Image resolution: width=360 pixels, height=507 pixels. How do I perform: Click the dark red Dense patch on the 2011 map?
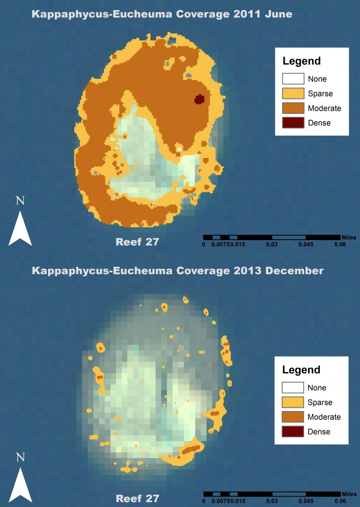[199, 100]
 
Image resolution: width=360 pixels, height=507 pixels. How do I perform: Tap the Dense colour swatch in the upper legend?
[293, 122]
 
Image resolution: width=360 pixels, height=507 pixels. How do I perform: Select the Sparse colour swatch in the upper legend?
[293, 93]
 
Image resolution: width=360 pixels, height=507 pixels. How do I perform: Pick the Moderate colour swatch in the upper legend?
[293, 108]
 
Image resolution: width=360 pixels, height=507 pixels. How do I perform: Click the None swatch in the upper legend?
[293, 79]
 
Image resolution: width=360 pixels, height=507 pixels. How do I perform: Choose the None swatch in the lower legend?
[293, 388]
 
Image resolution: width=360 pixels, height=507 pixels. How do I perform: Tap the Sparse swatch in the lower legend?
[293, 403]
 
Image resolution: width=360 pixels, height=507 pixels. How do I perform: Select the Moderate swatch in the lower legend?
[293, 417]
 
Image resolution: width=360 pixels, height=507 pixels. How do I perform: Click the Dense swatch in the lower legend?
[293, 432]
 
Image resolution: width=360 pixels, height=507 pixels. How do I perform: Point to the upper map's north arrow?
[20, 228]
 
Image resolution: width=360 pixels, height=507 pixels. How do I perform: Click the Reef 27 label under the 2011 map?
[137, 242]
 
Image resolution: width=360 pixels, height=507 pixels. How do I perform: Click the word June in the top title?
[278, 14]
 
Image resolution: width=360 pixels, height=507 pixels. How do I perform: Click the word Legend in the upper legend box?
[302, 62]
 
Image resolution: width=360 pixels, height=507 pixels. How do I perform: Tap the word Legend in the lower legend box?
[302, 370]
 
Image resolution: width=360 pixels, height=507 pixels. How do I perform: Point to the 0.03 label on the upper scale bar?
[271, 244]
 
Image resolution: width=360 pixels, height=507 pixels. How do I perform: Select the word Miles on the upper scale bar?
[349, 237]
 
